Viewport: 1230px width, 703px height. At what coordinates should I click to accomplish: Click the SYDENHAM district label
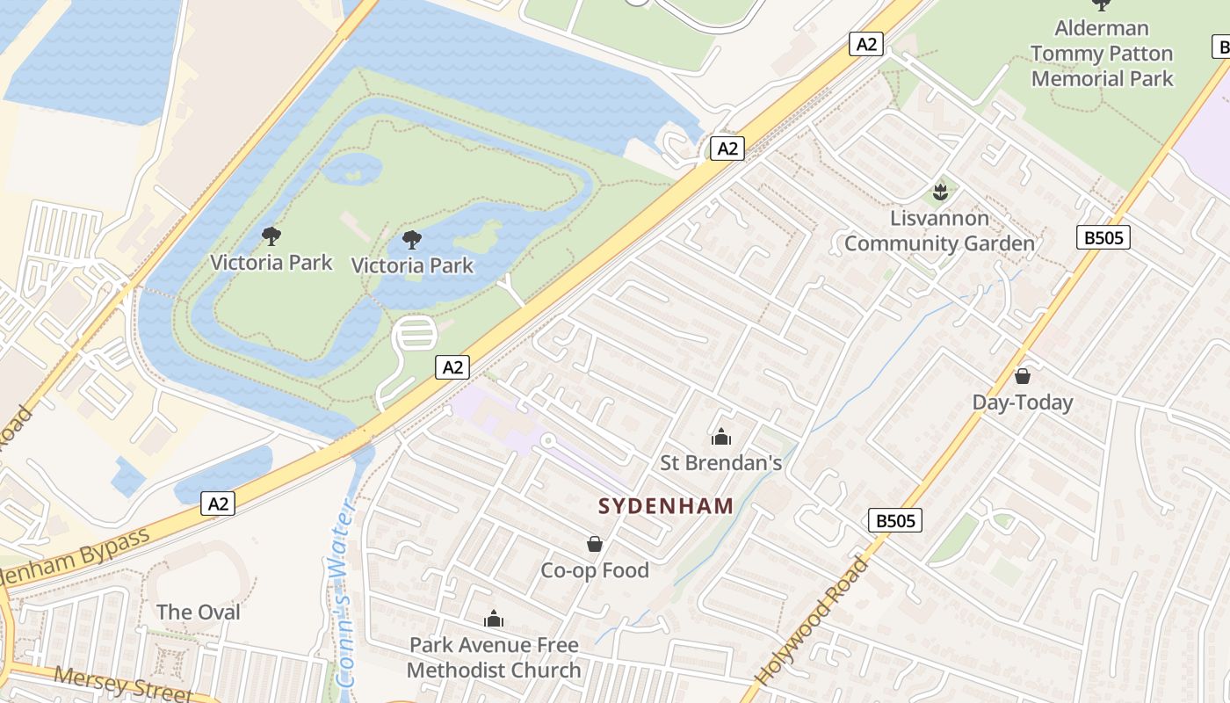coord(666,506)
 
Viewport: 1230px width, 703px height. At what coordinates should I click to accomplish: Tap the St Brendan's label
coord(720,462)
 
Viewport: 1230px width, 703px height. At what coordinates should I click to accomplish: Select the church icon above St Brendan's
coord(720,436)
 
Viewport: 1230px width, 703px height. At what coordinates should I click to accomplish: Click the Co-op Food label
coord(595,570)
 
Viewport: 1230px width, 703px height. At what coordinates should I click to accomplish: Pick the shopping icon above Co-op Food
coord(595,545)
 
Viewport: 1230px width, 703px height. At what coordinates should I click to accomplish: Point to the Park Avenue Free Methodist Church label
coord(494,657)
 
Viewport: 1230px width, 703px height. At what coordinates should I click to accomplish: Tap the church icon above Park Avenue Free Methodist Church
coord(494,620)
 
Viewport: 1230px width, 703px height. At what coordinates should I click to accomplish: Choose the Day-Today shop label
coord(1022,402)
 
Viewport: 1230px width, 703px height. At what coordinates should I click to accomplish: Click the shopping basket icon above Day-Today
coord(1022,376)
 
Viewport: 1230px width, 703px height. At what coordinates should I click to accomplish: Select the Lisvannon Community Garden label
coord(939,231)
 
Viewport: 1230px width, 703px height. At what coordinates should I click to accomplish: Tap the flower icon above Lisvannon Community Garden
coord(939,191)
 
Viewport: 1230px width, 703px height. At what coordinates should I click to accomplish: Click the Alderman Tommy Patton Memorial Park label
coord(1102,54)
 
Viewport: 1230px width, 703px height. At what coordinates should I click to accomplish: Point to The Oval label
coord(198,612)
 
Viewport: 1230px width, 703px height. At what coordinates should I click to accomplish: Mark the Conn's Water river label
coord(343,593)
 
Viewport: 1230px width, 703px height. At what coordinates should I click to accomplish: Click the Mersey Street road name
coord(123,684)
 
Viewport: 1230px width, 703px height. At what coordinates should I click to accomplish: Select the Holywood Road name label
coord(813,621)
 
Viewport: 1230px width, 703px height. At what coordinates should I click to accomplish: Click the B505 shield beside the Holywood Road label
coord(895,520)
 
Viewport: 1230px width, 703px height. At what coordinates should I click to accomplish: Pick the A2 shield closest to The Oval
coord(219,504)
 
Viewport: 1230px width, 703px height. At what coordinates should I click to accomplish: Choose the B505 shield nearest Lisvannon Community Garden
coord(1103,237)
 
